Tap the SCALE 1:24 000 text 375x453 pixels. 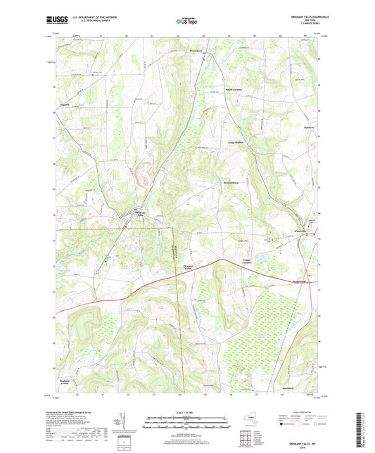click(x=187, y=411)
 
